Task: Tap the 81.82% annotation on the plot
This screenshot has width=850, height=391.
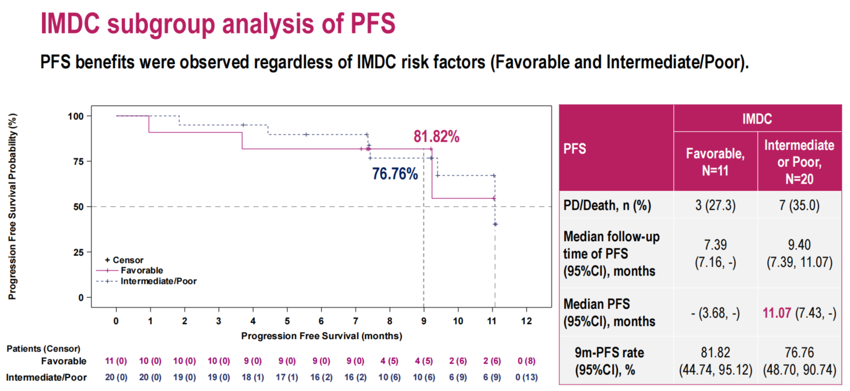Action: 437,137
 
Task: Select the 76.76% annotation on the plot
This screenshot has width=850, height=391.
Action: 395,174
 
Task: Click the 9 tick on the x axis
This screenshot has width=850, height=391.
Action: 424,321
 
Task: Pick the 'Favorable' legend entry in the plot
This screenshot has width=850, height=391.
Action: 142,270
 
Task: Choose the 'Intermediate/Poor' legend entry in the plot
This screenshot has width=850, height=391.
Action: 158,281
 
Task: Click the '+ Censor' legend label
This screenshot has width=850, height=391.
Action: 124,260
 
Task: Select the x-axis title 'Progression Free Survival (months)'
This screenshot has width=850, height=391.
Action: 321,336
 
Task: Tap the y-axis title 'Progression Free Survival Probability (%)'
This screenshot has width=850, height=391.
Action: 12,207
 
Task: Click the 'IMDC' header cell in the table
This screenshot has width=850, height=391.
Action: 757,119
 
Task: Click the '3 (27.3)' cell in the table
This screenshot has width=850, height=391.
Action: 715,205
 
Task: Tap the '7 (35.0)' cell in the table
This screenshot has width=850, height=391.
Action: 799,205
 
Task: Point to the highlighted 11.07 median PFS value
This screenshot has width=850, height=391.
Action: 777,313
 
